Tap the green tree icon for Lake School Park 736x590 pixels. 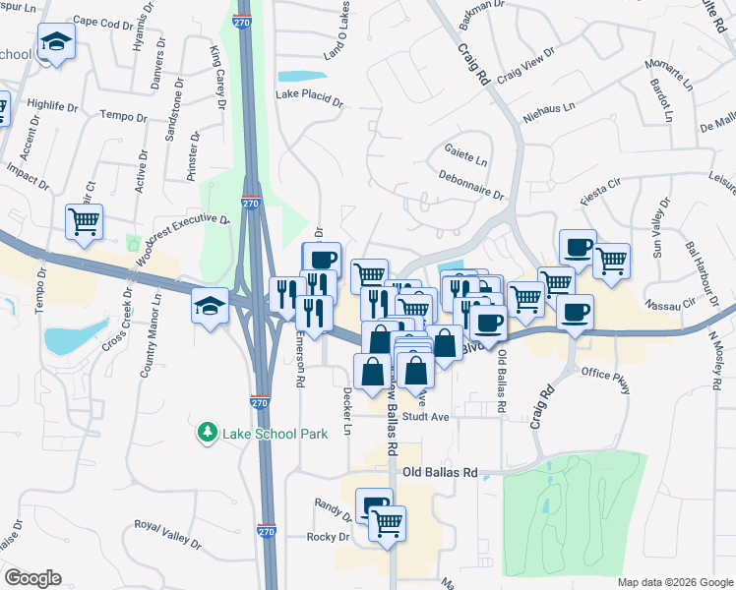(208, 431)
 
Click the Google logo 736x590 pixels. (32, 578)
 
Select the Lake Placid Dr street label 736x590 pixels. (309, 99)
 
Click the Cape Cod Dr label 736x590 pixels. (102, 21)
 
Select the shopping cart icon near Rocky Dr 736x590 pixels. (388, 522)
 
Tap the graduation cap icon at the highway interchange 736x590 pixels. (211, 306)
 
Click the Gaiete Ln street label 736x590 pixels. (466, 157)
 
